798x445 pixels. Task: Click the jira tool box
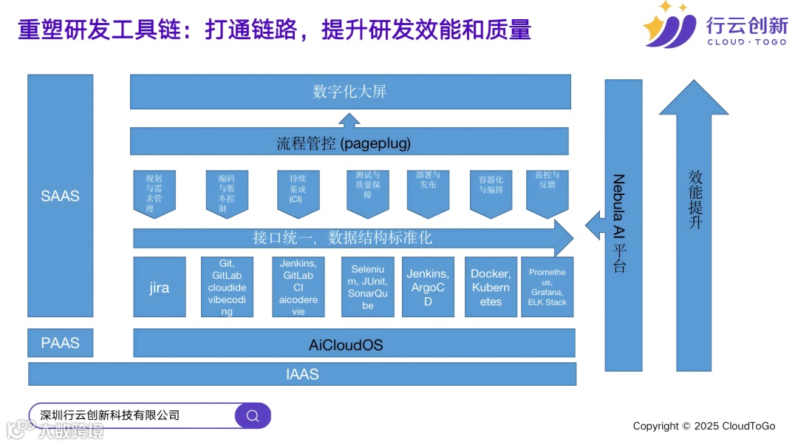click(159, 287)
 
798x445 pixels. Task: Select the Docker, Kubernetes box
click(491, 287)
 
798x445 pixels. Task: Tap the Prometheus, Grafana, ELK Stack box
click(547, 287)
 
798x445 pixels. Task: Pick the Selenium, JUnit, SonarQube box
click(367, 287)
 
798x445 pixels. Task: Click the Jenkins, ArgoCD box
click(428, 287)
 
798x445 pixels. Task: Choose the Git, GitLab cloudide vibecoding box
click(227, 287)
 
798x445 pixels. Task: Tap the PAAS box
click(61, 343)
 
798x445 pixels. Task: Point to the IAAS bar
click(302, 374)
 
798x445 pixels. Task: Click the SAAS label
click(61, 197)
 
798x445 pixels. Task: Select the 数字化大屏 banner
click(350, 92)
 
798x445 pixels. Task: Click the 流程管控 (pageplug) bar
click(349, 142)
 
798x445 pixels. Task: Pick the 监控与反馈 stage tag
click(547, 191)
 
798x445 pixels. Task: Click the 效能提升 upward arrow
click(695, 222)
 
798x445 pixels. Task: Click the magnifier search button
click(253, 415)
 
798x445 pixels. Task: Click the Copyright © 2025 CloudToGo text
click(703, 426)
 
